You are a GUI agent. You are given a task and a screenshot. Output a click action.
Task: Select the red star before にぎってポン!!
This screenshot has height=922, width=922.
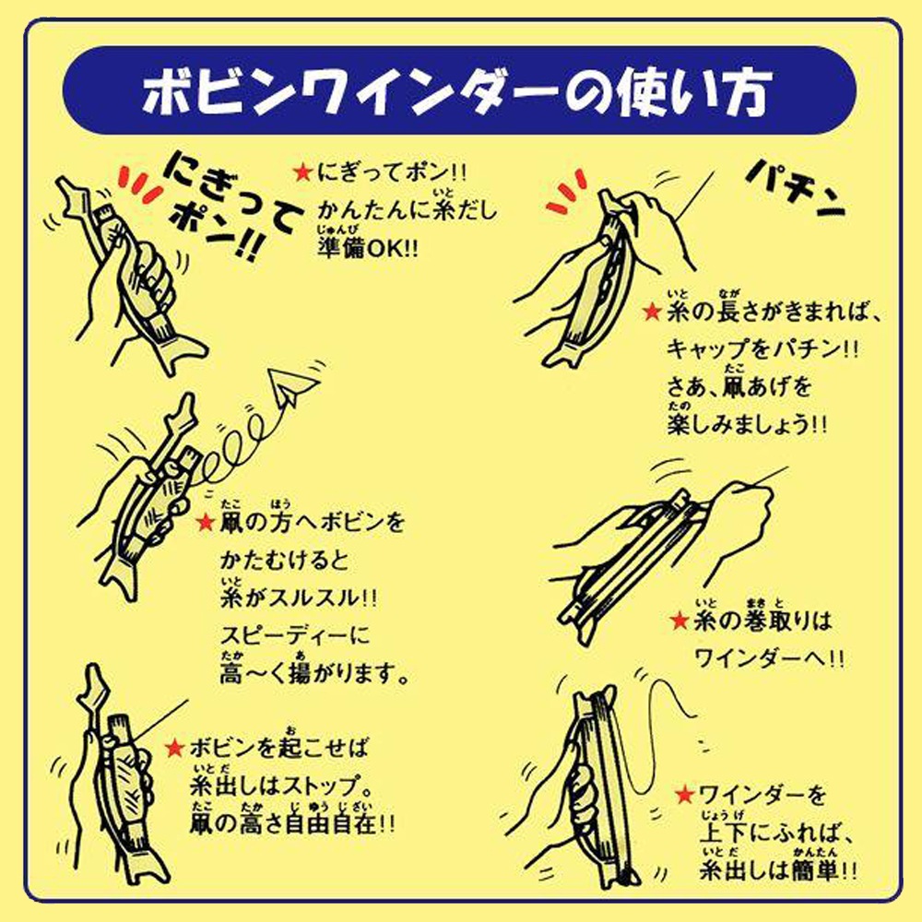coord(301,171)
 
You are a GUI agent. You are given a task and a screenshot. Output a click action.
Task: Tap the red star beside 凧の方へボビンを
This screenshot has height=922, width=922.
coord(207,524)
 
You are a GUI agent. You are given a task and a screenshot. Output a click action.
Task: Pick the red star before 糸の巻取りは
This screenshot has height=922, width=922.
coord(680,621)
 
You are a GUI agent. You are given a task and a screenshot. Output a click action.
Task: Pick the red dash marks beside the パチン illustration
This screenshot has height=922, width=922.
coord(561,195)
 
